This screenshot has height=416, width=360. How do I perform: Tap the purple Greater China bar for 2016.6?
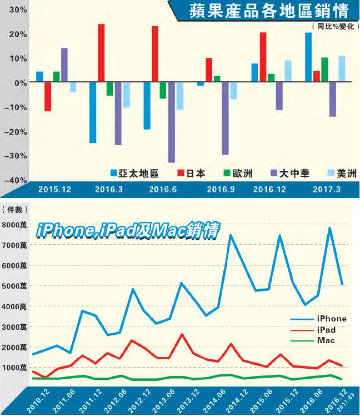171,122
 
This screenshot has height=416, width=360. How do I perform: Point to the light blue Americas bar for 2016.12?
288,72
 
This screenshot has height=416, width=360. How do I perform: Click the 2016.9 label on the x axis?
218,190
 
